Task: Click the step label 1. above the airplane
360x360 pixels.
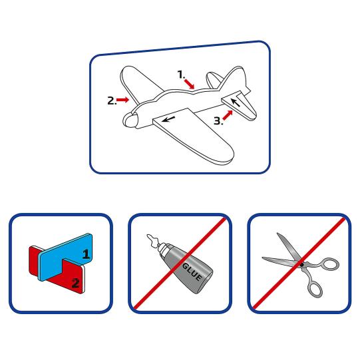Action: click(180, 75)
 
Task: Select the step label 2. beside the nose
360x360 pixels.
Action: click(111, 100)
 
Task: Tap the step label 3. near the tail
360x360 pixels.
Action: click(218, 121)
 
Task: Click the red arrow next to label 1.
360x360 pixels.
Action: click(190, 83)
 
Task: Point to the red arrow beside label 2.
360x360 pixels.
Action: click(122, 100)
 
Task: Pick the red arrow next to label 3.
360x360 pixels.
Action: click(228, 116)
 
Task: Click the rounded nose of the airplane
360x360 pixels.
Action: click(130, 120)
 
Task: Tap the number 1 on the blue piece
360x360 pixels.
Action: click(85, 254)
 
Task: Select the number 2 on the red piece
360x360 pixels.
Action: click(75, 283)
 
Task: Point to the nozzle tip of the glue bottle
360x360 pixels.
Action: click(148, 237)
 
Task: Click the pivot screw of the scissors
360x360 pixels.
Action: click(301, 264)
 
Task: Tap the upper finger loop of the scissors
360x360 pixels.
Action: click(327, 265)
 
